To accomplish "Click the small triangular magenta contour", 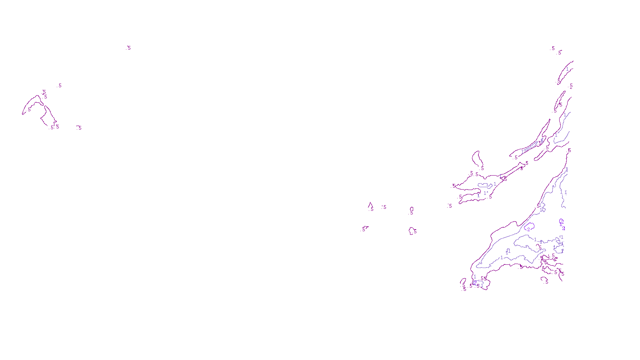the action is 370,206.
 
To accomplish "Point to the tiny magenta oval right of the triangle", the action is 412,209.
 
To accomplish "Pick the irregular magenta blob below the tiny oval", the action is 412,231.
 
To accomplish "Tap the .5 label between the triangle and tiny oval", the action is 384,207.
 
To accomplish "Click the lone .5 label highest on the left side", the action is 128,48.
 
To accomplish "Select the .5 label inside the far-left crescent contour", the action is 29,109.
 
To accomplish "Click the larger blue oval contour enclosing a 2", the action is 529,227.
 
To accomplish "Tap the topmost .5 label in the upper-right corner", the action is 553,48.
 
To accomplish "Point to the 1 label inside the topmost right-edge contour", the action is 567,69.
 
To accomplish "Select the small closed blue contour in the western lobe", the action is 485,185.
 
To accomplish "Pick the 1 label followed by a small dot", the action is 486,193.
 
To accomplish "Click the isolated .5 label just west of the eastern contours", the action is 450,206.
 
